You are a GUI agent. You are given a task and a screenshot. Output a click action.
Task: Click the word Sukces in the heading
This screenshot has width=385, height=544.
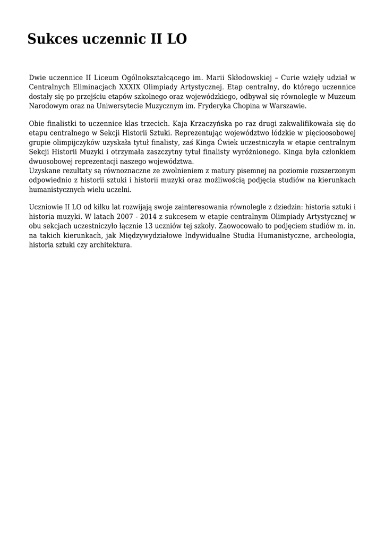pyautogui.click(x=51, y=39)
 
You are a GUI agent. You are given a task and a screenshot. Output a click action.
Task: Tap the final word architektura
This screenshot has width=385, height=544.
pyautogui.click(x=110, y=244)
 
